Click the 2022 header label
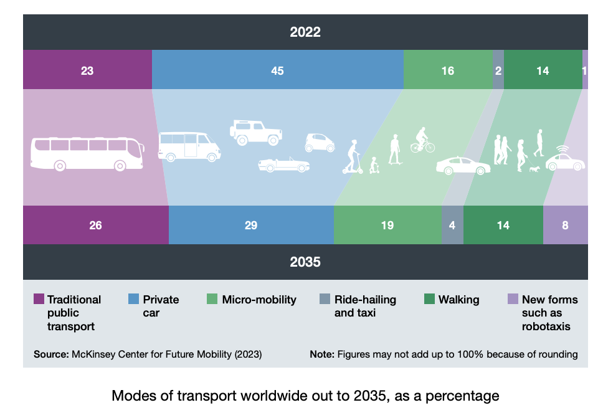[305, 32]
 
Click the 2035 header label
[305, 262]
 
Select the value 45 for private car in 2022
[277, 70]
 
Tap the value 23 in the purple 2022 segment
[87, 70]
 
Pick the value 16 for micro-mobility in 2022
[447, 70]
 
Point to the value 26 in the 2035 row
[95, 225]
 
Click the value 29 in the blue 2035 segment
[251, 225]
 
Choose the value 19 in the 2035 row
[387, 225]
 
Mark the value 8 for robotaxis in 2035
[565, 225]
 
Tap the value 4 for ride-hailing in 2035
[452, 225]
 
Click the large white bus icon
[87, 153]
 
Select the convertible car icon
[284, 164]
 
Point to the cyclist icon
[422, 140]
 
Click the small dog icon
[534, 169]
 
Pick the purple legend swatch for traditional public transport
[39, 300]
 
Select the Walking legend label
[458, 300]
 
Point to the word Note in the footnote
[322, 355]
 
